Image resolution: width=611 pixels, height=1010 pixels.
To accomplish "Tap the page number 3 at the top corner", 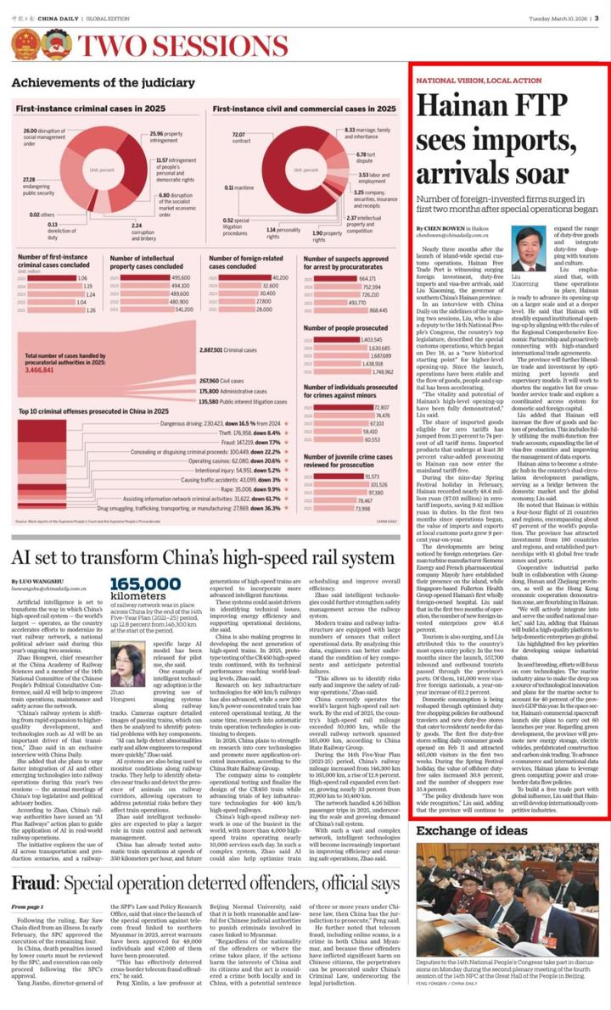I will pos(598,8).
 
